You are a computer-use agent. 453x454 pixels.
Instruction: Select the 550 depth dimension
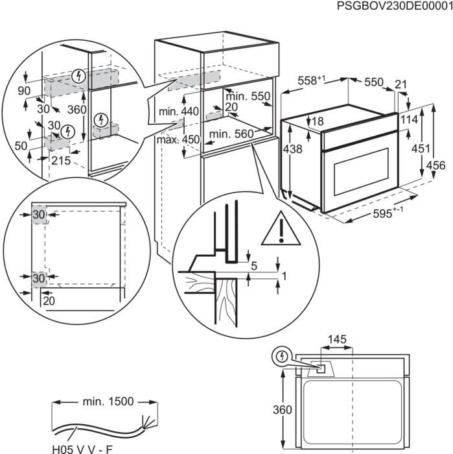coord(373,82)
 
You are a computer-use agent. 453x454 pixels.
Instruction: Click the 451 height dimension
coord(421,149)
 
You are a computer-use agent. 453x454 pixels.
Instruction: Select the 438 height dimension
coord(293,149)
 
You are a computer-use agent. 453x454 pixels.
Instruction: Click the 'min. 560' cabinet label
coord(229,134)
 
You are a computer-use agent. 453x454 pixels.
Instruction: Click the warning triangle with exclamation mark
coord(282,228)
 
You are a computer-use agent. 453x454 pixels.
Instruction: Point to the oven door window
coord(360,172)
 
